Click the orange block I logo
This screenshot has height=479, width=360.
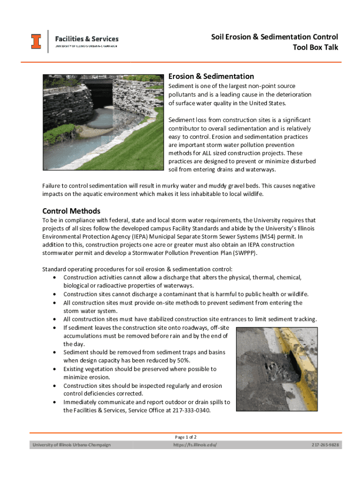36,41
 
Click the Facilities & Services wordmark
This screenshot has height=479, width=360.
87,39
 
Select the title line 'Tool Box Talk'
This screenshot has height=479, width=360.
315,47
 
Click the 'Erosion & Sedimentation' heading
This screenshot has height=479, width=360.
211,76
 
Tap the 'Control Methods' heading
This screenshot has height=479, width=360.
71,211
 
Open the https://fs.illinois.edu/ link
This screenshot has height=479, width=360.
194,444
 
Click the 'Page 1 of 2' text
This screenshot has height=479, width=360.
188,437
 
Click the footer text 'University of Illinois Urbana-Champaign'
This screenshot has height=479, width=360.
71,444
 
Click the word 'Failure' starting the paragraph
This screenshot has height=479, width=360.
53,186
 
